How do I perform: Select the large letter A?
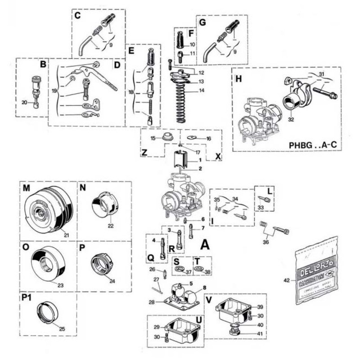point(204,245)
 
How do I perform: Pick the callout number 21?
point(66,234)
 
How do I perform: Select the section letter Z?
point(144,153)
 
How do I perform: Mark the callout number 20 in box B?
point(25,103)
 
